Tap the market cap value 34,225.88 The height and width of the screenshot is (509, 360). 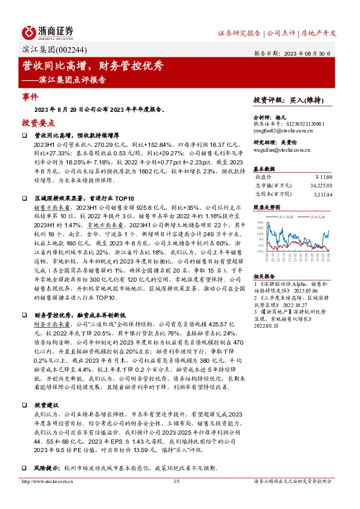[320, 185]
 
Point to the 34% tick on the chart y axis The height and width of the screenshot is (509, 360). [258, 222]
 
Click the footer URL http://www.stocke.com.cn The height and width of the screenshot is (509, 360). [47, 498]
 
